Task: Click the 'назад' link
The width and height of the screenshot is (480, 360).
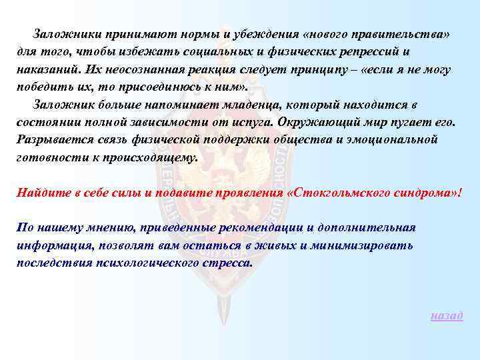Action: [447, 315]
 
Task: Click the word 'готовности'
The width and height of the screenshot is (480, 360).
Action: [46, 158]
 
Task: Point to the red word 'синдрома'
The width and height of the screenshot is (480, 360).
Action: [427, 193]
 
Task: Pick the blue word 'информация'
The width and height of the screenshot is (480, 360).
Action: [51, 245]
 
